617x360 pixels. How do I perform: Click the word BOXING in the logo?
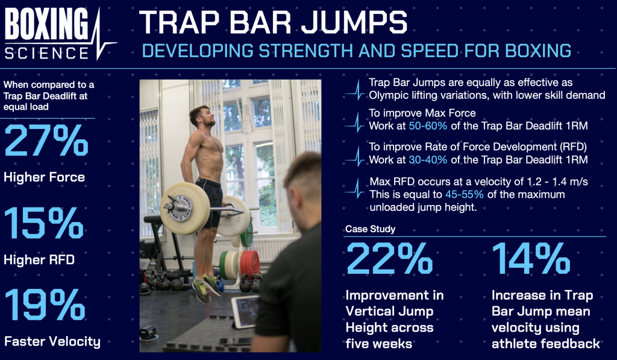pos(47,24)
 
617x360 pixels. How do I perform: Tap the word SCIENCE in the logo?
pos(47,53)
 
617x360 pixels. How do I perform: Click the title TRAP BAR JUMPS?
pos(273,22)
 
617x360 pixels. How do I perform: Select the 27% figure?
pos(46,141)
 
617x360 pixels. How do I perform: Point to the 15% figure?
pos(44,223)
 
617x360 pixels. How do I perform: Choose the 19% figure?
pos(45,305)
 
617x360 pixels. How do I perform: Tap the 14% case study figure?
pos(531,258)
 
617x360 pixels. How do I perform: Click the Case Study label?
pos(371,229)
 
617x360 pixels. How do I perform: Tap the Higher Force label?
pos(44,177)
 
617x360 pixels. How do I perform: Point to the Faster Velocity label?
pos(52,341)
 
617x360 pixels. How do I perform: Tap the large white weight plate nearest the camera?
pos(184,209)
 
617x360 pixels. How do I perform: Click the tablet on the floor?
pos(245,312)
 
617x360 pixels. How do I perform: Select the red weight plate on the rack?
pos(249,264)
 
